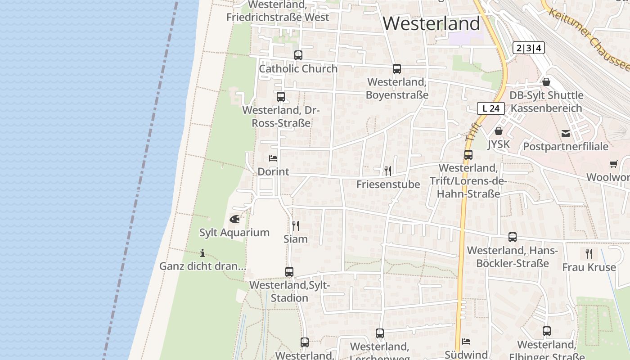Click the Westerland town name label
tap(432, 23)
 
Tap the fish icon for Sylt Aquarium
tap(234, 219)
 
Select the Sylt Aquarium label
tap(234, 233)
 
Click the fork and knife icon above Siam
tap(296, 225)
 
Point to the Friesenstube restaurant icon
tap(388, 171)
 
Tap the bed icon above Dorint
tap(273, 158)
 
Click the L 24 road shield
tap(491, 108)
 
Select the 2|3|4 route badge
tap(529, 48)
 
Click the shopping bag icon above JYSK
tap(498, 131)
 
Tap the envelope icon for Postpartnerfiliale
tap(566, 133)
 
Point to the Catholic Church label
tap(298, 69)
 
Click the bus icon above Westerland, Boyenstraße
tap(396, 69)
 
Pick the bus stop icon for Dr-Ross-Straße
tap(281, 96)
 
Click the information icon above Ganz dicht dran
tap(202, 253)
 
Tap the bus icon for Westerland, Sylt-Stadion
tap(289, 271)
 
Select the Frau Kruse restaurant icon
tap(589, 254)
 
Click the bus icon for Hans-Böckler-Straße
tap(512, 237)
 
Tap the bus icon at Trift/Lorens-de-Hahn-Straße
tap(468, 155)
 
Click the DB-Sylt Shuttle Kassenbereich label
tap(546, 102)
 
